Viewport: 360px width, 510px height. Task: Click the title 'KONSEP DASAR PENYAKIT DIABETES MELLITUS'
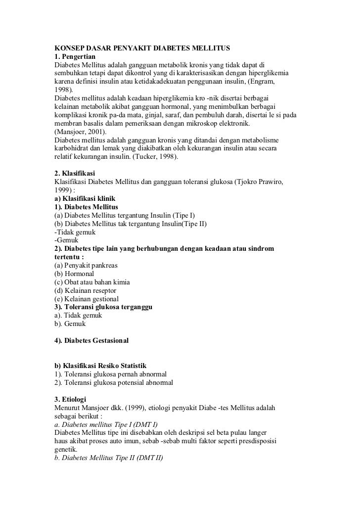click(x=142, y=48)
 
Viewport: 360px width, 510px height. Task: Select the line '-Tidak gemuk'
click(x=75, y=232)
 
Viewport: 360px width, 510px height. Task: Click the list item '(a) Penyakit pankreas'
click(x=86, y=265)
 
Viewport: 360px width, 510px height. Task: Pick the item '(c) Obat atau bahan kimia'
click(x=92, y=282)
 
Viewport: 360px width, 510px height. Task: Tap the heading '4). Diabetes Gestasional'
click(x=91, y=341)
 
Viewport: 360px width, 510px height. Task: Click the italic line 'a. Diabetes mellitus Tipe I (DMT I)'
click(x=106, y=424)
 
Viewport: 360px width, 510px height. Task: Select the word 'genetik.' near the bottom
click(x=66, y=450)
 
